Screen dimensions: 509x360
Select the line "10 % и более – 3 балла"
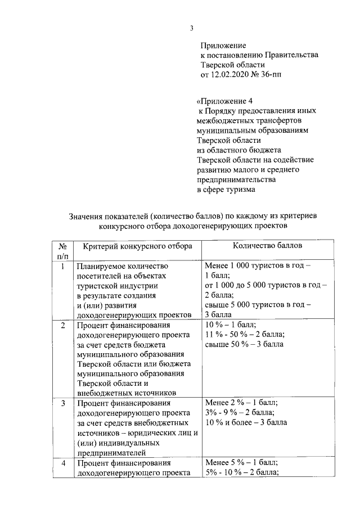pyautogui.click(x=246, y=422)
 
